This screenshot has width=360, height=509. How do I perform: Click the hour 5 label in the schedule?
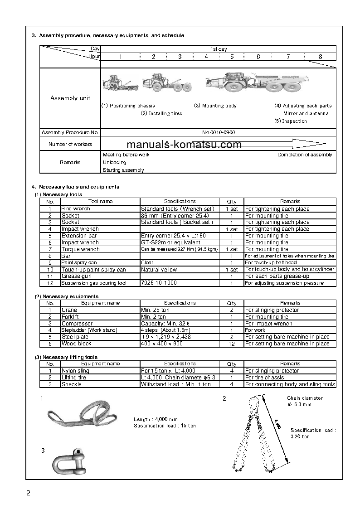point(232,57)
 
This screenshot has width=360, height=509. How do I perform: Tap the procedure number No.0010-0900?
point(219,132)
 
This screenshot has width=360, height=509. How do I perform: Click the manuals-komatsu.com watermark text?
point(184,145)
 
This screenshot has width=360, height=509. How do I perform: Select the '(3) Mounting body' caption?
point(215,106)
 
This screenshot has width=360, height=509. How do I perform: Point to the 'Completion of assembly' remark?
point(305,155)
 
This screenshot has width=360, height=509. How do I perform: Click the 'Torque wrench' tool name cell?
point(80,249)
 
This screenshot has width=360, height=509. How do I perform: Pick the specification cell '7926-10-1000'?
point(159,283)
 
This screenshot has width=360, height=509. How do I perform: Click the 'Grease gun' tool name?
point(76,276)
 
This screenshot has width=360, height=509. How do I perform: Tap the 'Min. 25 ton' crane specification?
point(155,310)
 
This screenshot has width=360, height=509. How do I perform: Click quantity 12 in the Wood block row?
point(231,344)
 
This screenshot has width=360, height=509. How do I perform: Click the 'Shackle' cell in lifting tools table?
point(72,384)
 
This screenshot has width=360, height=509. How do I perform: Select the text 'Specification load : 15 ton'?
point(165,426)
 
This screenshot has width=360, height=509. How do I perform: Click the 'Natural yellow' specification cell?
point(159,270)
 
